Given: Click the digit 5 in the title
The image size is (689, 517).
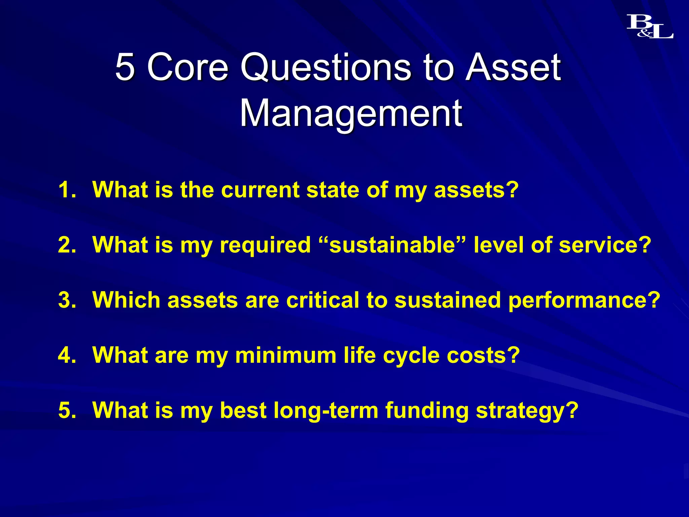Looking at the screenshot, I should point(125,67).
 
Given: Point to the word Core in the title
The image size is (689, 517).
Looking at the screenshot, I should point(188,67).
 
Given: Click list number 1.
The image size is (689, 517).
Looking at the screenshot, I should point(67,190).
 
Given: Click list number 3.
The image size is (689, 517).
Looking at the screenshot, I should point(67,300).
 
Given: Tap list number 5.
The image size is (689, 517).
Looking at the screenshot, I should point(67,410).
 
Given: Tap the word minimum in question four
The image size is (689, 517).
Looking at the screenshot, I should point(286,355).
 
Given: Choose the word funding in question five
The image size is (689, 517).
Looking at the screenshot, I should point(427,410).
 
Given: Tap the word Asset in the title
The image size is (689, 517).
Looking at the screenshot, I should point(513,67).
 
